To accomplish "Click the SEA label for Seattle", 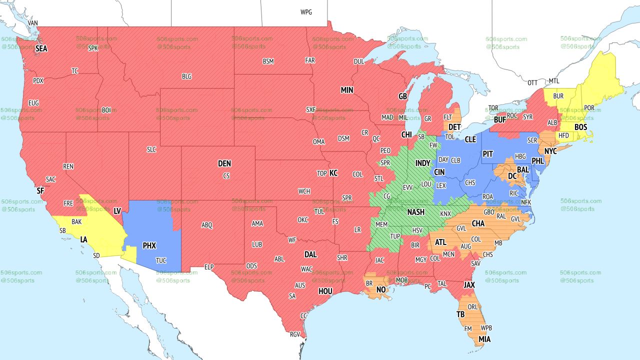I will [x=41, y=49].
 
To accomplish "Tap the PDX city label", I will [x=38, y=80].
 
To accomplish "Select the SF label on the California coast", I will [x=40, y=190].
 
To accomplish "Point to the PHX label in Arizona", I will [x=149, y=246].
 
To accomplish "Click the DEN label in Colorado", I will [x=224, y=163].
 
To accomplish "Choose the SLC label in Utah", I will [x=151, y=149].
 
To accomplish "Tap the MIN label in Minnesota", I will [x=347, y=90].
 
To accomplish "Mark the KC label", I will [x=333, y=173].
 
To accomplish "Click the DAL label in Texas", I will [x=310, y=254].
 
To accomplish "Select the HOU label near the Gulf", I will [x=325, y=291].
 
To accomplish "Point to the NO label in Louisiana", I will [x=381, y=290].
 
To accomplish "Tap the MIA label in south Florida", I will [x=484, y=339].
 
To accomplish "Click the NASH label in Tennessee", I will [x=415, y=212].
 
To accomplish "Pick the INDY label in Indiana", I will [x=422, y=163].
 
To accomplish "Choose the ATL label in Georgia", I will [x=440, y=242].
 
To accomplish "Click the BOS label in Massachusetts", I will [x=580, y=127].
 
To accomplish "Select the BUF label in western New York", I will [x=499, y=120].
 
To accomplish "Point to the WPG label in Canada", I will [x=306, y=12].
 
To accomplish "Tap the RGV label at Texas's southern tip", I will [x=294, y=334].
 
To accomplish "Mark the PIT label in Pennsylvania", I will [x=488, y=154].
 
